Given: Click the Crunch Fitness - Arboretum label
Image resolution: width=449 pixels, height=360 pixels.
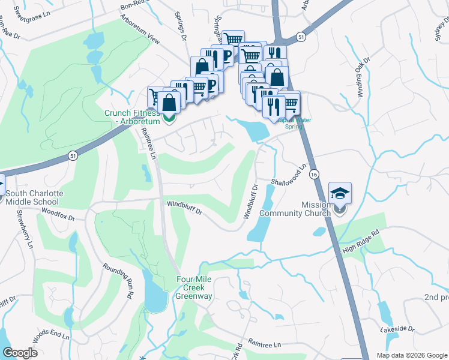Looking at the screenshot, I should coord(132,118).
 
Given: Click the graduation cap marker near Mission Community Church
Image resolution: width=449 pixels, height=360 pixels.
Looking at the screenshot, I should coord(340,194).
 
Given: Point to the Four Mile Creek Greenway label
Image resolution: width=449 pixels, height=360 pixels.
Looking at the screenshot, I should coord(194,287).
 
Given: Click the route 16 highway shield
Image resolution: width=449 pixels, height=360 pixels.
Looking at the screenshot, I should coord(314,173).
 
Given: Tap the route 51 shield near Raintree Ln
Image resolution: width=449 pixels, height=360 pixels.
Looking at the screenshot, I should coord(72,155).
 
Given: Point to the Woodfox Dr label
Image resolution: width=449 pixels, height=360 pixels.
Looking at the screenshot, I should coord(58,214).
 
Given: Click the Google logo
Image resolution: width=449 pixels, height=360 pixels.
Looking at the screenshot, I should coord(20,352).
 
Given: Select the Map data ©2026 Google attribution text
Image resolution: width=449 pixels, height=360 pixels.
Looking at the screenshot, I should coord(411,355).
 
